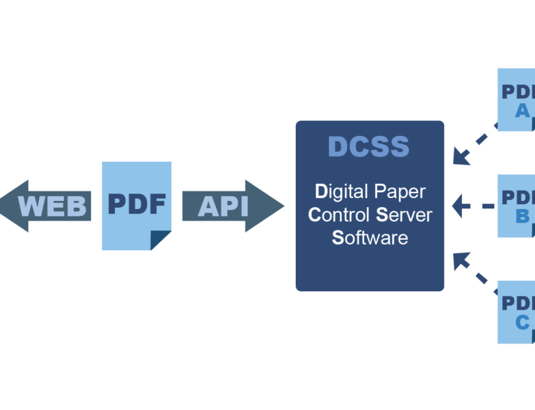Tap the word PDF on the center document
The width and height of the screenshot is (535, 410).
click(x=137, y=204)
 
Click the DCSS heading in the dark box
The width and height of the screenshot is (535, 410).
click(x=369, y=147)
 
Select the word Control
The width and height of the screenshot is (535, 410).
click(x=340, y=215)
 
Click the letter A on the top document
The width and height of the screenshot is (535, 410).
click(x=523, y=111)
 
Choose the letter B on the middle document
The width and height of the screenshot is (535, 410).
click(x=523, y=217)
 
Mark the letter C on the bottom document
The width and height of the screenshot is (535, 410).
click(x=523, y=323)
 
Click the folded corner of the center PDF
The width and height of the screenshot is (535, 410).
click(x=161, y=241)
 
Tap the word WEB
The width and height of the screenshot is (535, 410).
click(x=53, y=206)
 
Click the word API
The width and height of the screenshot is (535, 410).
click(x=223, y=206)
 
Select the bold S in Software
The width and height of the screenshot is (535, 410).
click(x=337, y=238)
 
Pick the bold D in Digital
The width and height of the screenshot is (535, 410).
click(x=321, y=191)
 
